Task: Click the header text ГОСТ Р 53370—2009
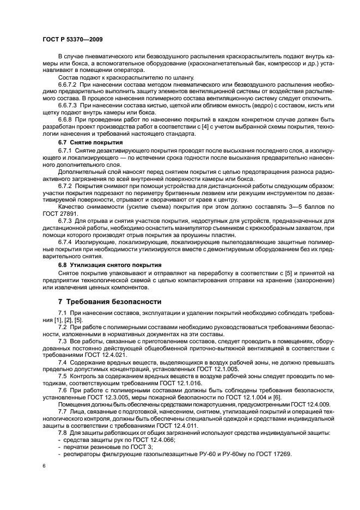click(71, 39)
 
